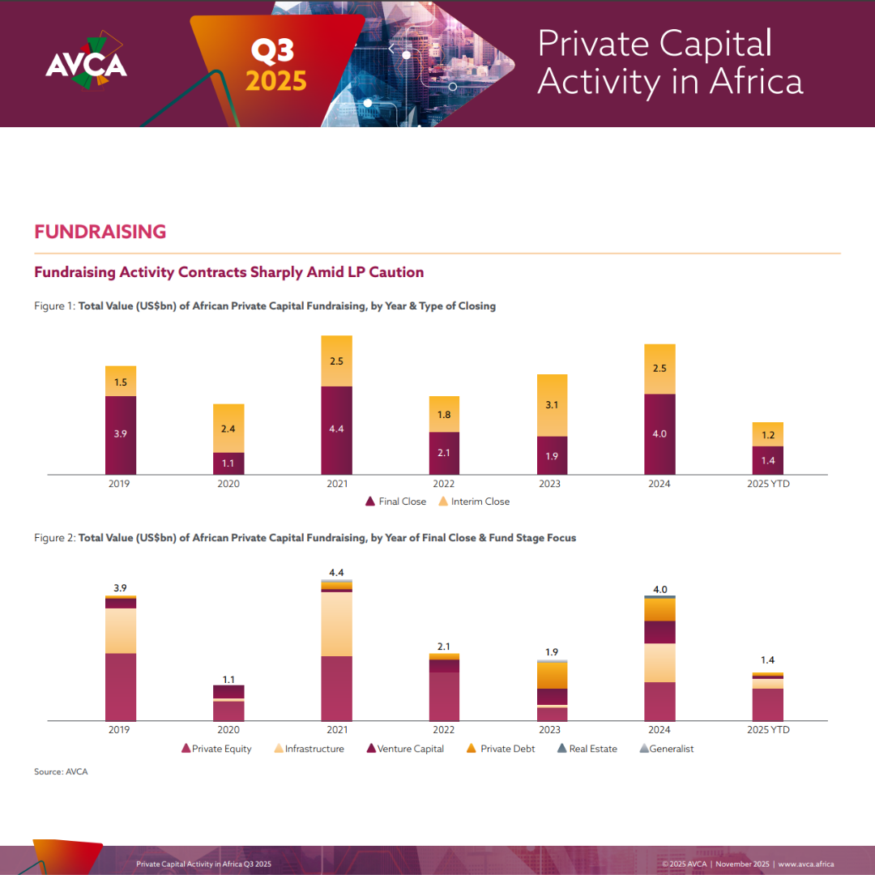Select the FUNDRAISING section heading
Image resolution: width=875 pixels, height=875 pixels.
(x=100, y=232)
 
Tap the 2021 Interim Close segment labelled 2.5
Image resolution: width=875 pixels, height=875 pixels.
(x=336, y=361)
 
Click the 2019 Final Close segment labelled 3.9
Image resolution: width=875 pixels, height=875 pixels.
(x=121, y=435)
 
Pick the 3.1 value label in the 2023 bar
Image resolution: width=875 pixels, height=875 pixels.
(x=552, y=405)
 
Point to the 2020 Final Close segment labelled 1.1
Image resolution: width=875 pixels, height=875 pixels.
(x=228, y=463)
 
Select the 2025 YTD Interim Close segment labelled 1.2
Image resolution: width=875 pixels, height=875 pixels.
(x=767, y=434)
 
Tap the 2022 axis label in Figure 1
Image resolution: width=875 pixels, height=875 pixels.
(x=444, y=484)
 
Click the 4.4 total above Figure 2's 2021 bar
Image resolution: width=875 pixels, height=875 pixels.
(x=336, y=574)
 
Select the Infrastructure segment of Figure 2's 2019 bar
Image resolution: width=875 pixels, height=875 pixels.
(x=121, y=630)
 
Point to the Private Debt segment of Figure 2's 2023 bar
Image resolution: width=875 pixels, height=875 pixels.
(x=552, y=676)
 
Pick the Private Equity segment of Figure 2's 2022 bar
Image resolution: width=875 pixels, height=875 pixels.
(x=444, y=696)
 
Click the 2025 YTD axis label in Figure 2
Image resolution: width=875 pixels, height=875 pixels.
(x=767, y=730)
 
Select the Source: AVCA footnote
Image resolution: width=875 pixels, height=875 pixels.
(x=61, y=772)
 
